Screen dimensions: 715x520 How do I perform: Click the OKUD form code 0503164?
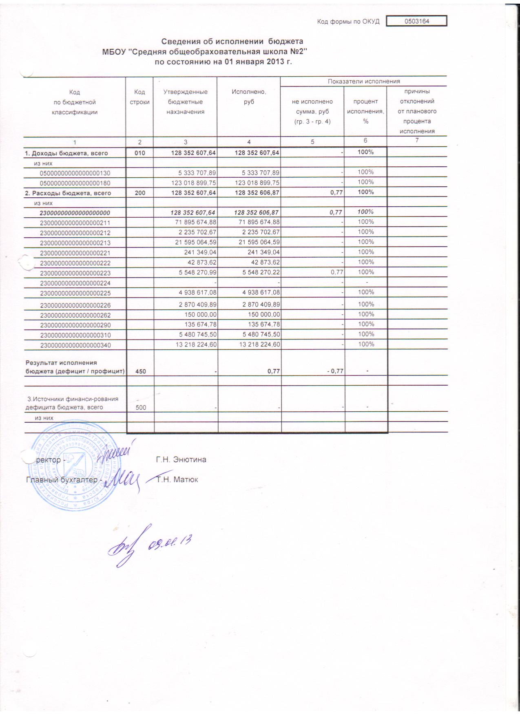pos(417,21)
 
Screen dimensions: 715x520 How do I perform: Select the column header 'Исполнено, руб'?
pos(249,97)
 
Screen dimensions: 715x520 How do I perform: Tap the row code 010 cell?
pos(139,153)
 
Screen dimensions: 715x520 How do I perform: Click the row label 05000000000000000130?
pos(75,173)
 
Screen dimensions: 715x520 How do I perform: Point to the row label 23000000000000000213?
pos(75,243)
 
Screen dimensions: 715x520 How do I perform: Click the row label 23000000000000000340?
pos(75,345)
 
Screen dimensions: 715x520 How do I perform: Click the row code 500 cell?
pos(141,407)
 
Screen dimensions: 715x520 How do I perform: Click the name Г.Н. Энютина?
pos(181,460)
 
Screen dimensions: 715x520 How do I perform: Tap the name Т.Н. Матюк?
pos(177,480)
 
